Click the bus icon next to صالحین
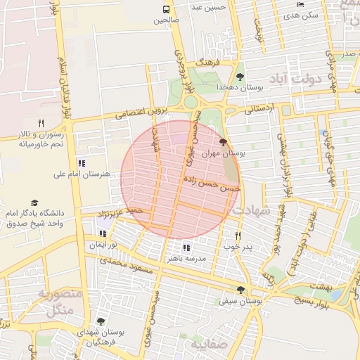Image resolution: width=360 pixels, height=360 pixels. coord(167,10)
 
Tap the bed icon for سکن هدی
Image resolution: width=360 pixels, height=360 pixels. coord(301,4)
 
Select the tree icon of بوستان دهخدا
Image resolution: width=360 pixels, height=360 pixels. coord(240,77)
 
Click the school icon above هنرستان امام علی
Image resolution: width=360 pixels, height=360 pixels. coord(82,163)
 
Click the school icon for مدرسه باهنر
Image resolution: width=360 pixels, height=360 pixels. coord(186,247)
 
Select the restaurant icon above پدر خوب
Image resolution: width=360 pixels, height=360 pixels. coord(238,236)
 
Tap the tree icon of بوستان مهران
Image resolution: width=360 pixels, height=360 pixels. coord(224,142)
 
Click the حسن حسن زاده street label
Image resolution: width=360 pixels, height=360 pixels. coord(212,184)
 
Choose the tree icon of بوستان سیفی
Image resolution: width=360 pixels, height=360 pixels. coord(240,290)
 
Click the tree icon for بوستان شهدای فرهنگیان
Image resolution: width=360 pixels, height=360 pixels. coord(101,321)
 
